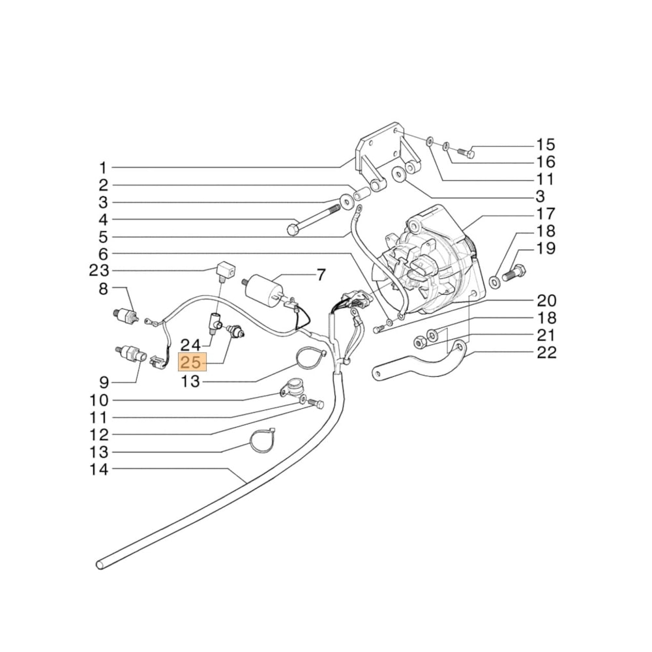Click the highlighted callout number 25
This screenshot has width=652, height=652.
click(192, 363)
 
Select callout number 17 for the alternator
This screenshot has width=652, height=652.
click(546, 214)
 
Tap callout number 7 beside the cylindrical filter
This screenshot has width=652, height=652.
click(320, 275)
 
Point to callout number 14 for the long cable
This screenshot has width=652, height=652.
click(100, 469)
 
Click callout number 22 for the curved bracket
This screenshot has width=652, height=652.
click(546, 353)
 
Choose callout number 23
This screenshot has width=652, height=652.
click(100, 270)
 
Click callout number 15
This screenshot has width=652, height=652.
click(546, 145)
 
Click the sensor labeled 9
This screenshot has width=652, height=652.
click(128, 352)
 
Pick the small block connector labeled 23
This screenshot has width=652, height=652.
click(224, 269)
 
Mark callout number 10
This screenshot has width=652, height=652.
click(100, 400)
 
